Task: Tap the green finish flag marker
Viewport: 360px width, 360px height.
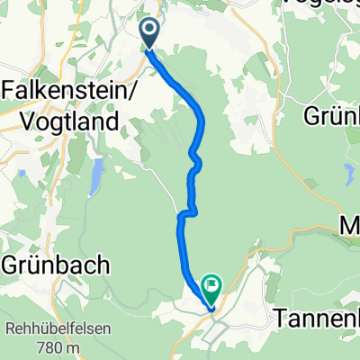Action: coord(212,288)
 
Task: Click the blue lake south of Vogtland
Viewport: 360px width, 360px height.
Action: coord(94,177)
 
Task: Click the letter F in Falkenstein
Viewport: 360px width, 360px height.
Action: coord(11,93)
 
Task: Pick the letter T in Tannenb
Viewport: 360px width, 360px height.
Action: coord(279,319)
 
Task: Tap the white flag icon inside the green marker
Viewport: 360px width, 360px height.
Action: coord(212,286)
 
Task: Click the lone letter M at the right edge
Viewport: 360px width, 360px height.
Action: coord(351,224)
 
